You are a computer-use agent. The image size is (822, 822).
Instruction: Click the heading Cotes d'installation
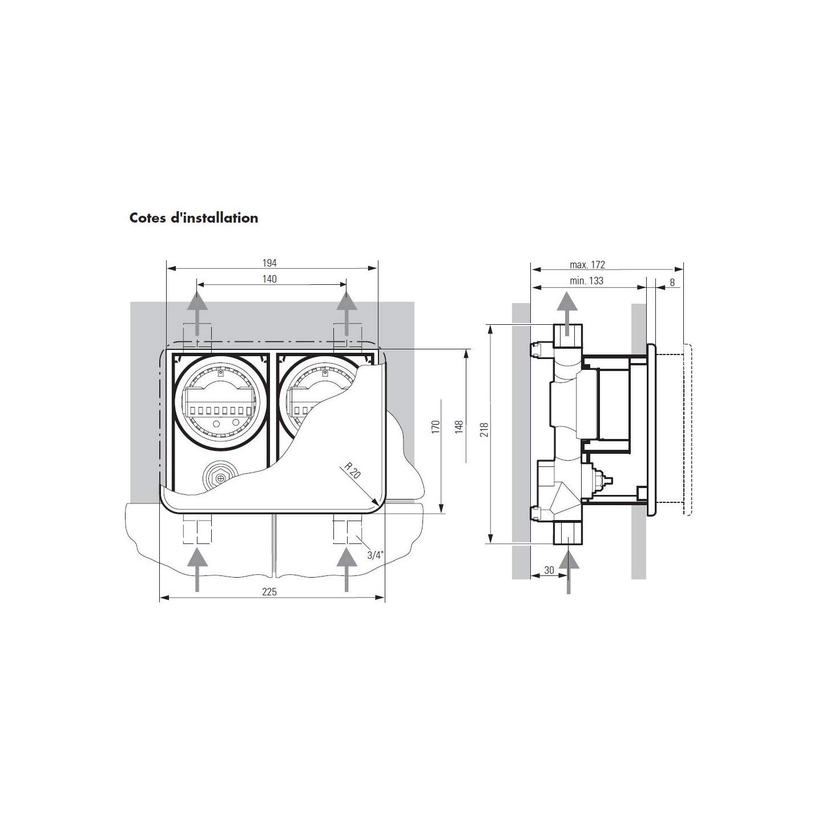click(x=194, y=218)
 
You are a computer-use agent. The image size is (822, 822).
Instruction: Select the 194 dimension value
click(x=269, y=263)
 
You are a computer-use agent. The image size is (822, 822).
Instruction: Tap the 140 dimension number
click(x=269, y=279)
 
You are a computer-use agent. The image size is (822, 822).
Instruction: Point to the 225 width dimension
click(x=269, y=591)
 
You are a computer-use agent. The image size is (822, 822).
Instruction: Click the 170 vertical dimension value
click(x=436, y=427)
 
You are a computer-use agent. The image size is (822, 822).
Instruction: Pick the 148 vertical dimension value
click(x=459, y=427)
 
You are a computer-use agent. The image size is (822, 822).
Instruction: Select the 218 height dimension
click(x=484, y=430)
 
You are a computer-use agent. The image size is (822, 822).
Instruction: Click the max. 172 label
click(x=587, y=265)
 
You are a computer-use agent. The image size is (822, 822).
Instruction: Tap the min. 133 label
click(x=587, y=281)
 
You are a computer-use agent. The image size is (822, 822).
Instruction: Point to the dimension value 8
click(x=672, y=283)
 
